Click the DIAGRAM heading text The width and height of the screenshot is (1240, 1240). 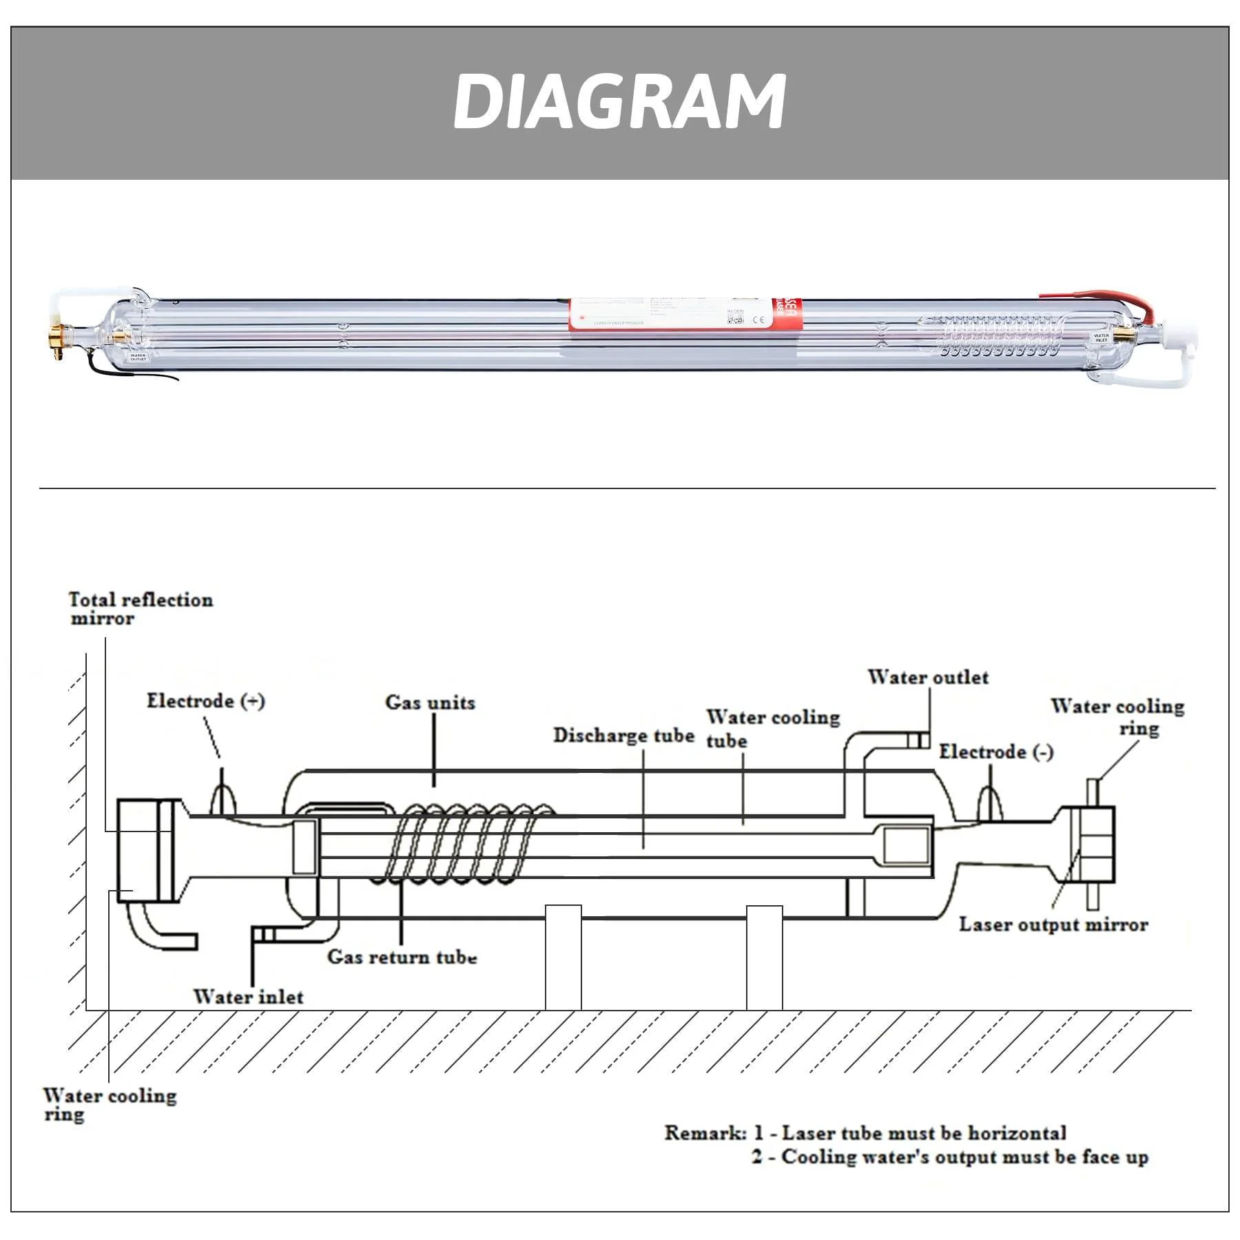pos(619,102)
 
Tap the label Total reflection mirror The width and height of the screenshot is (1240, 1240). pos(141,609)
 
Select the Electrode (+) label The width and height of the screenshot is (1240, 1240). pos(205,701)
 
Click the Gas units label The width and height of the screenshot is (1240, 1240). pos(430,703)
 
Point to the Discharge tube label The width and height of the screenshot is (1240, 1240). pos(623,736)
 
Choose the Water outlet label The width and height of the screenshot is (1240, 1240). pos(927,677)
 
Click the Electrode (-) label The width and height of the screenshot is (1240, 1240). pos(996,752)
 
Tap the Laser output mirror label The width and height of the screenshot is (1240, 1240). pos(1053,924)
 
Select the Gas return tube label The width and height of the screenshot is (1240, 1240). pos(402,957)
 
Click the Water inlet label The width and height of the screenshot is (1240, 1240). pos(248,997)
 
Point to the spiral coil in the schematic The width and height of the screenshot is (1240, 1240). pos(468,843)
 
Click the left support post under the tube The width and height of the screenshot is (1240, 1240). pos(563,958)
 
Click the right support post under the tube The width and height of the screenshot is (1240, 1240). pos(764,958)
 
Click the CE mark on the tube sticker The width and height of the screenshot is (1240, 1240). pos(758,320)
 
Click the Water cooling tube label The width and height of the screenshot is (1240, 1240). pos(772,728)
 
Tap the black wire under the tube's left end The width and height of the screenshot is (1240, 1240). pos(138,373)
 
